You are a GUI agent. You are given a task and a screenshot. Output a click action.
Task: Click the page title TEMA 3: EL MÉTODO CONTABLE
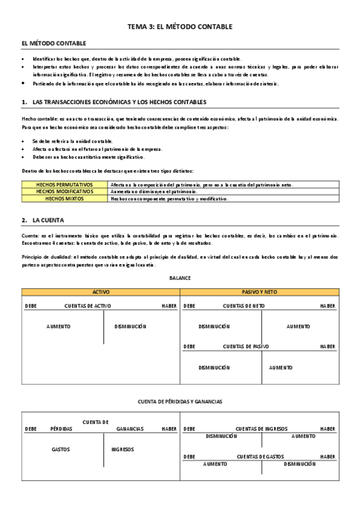180,27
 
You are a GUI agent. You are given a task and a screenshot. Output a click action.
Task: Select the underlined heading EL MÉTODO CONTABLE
53,43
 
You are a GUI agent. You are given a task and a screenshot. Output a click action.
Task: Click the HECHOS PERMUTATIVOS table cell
65,185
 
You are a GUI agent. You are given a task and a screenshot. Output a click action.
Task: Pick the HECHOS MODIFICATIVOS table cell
65,191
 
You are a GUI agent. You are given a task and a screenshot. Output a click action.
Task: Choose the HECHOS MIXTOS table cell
65,198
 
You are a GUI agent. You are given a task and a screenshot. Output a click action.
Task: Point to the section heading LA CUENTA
48,221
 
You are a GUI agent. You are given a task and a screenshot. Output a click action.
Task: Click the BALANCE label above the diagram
180,278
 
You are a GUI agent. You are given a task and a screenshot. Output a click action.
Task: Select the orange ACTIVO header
100,292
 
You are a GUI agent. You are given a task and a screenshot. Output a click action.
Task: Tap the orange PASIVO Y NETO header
258,292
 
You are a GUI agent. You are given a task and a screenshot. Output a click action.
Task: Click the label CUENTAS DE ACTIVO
88,306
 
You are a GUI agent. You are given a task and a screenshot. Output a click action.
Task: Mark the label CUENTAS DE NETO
244,306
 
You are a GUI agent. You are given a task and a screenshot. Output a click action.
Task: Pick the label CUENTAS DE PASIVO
246,346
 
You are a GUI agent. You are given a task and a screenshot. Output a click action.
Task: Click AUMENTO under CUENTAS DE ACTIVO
58,327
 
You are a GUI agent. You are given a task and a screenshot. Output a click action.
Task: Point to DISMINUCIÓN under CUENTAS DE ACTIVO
130,327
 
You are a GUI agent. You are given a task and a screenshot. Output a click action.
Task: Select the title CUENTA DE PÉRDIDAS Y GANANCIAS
180,401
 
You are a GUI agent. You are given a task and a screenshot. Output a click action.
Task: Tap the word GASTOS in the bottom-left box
61,449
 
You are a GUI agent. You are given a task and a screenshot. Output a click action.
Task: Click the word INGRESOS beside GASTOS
123,449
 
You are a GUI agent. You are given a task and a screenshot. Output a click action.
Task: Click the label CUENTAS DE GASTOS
260,457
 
